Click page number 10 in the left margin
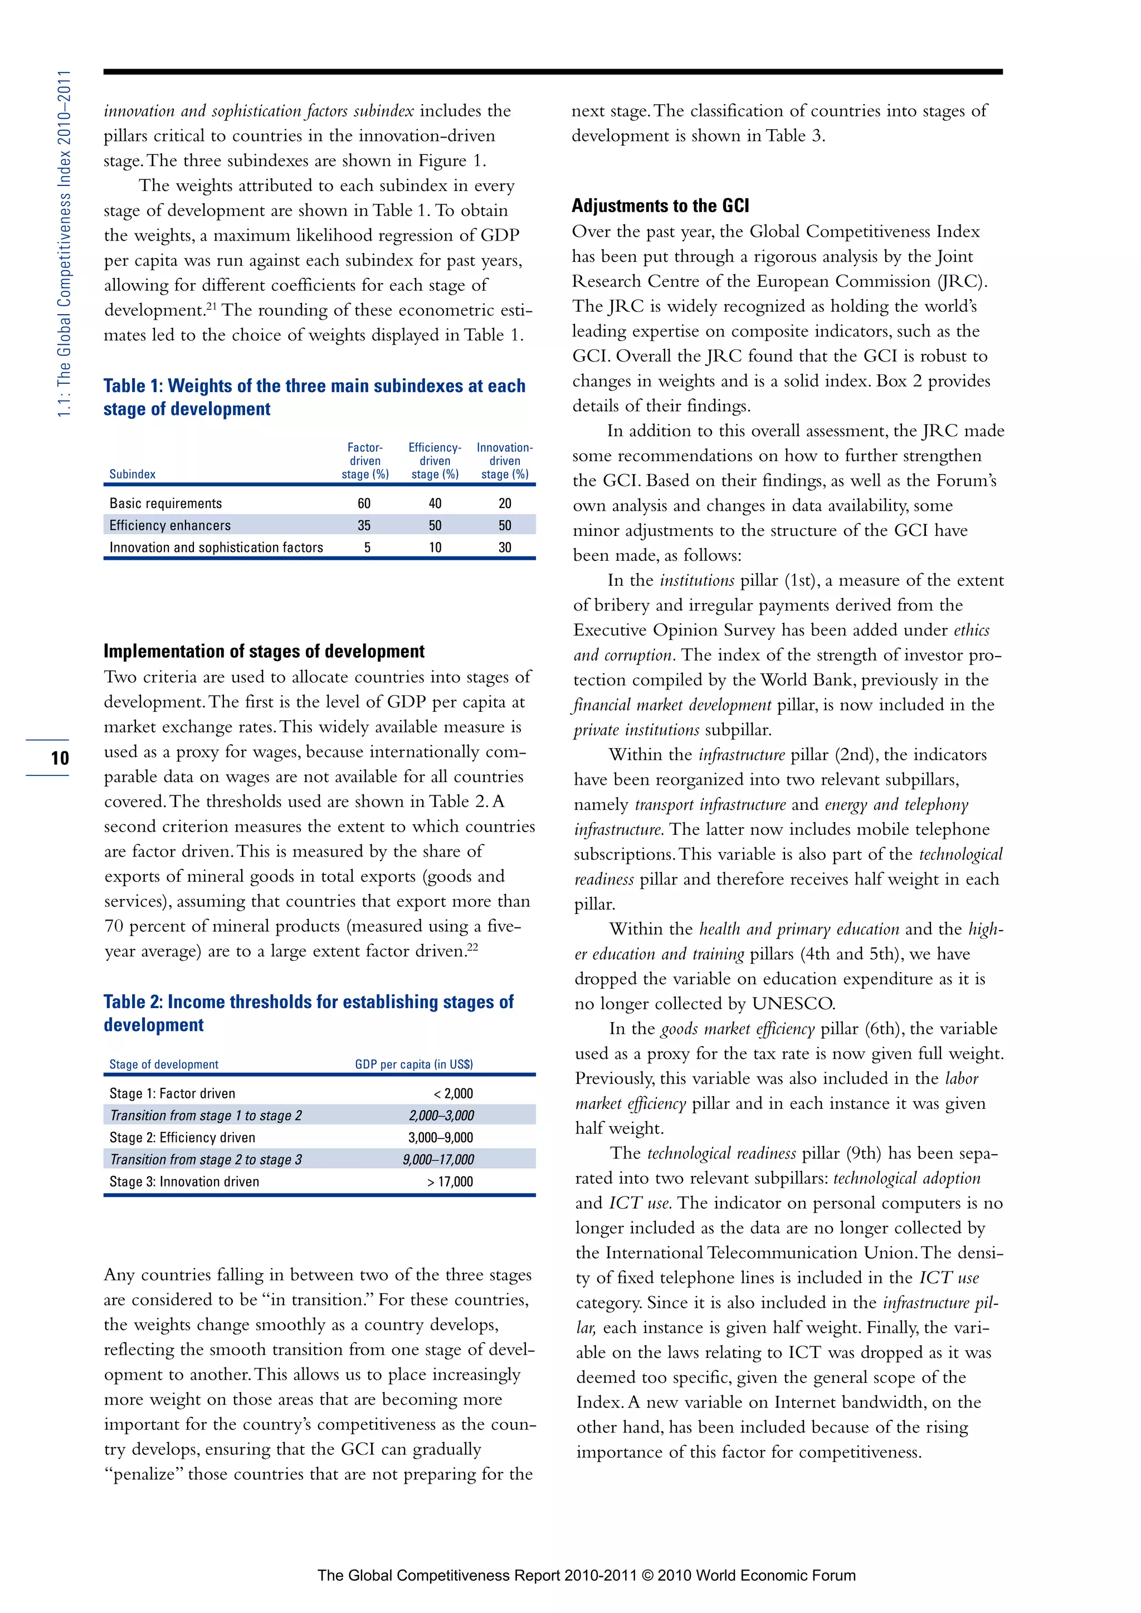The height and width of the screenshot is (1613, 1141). (60, 758)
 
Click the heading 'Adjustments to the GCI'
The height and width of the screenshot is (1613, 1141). (660, 206)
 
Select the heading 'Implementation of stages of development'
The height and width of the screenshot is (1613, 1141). (264, 651)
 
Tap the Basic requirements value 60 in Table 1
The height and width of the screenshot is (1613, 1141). (364, 503)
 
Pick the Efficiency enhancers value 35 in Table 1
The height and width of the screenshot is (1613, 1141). (364, 525)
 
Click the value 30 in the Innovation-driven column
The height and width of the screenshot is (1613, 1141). (504, 548)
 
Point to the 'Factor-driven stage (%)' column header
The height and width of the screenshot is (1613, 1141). (365, 461)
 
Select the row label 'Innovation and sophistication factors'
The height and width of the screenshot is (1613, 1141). (216, 548)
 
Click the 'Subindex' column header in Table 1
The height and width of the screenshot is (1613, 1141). (132, 474)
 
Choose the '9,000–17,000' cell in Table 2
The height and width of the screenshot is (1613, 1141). (438, 1160)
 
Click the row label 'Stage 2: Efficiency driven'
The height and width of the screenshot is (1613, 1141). (182, 1137)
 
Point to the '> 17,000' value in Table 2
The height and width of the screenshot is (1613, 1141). (450, 1182)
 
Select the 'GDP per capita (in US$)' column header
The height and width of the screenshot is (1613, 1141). (414, 1064)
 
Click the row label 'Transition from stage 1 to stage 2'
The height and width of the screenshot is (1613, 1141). (206, 1116)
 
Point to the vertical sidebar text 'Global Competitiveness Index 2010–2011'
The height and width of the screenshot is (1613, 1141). (64, 242)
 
